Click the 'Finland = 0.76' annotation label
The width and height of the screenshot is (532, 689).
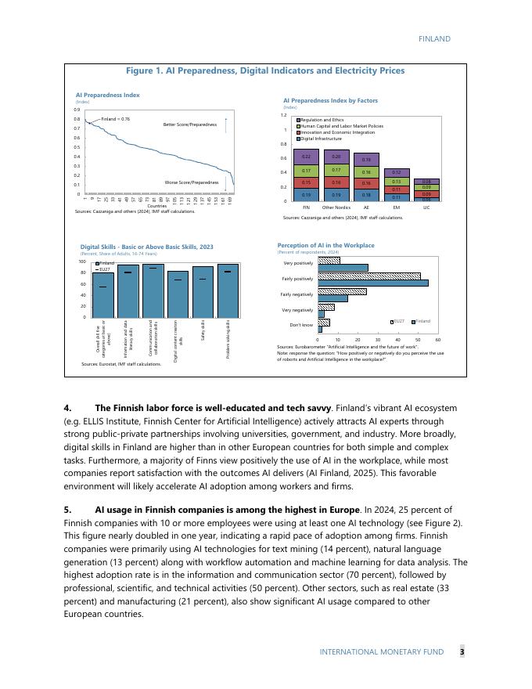click(116, 119)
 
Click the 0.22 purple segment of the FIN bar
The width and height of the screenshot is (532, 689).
click(306, 157)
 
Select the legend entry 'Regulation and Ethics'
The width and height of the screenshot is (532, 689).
click(322, 120)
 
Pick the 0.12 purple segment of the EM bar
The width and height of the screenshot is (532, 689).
click(397, 172)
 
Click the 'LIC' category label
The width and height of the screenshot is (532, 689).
click(426, 207)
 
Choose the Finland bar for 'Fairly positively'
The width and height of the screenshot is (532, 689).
click(372, 283)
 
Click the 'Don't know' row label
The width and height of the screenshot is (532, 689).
click(301, 324)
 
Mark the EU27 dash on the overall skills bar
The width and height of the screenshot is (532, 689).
click(102, 287)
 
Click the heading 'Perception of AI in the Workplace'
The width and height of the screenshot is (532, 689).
click(325, 245)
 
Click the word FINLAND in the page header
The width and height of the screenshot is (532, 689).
click(434, 38)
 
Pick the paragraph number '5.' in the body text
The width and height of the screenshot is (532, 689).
click(67, 510)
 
